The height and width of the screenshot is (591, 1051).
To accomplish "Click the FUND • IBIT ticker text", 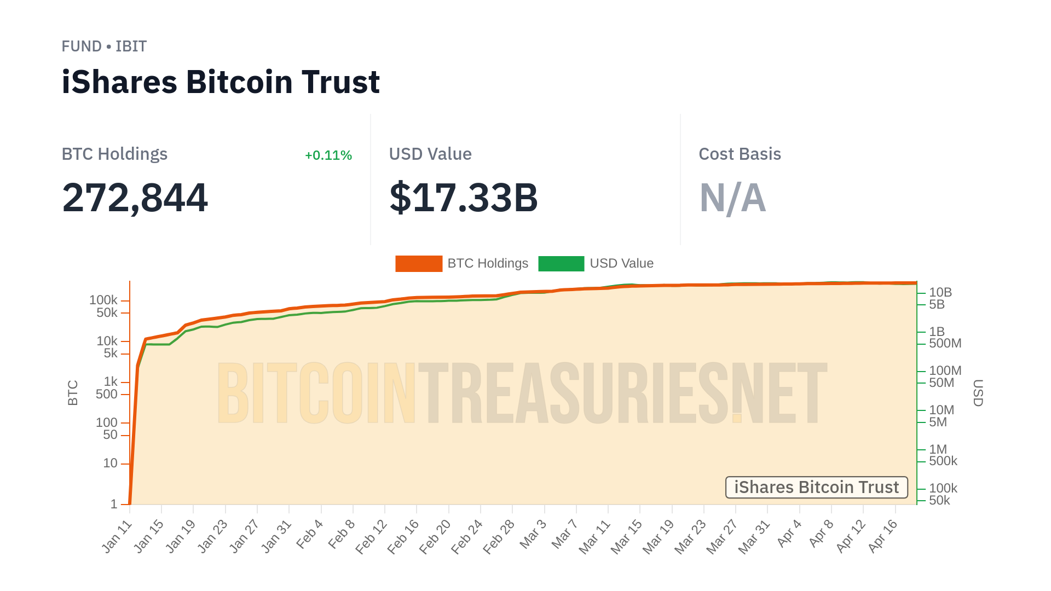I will click(104, 47).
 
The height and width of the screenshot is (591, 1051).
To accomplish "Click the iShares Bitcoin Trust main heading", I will click(221, 82).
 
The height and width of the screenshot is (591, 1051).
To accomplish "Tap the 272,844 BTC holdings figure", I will click(135, 198).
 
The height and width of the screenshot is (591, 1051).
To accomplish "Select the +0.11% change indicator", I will click(328, 155).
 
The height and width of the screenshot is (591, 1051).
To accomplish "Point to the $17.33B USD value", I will click(464, 198).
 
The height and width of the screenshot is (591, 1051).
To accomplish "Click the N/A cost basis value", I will click(732, 198).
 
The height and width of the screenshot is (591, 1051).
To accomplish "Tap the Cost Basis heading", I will click(740, 154).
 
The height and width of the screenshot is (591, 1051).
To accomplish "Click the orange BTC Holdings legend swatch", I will click(419, 264).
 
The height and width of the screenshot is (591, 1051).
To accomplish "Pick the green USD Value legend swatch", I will click(561, 264).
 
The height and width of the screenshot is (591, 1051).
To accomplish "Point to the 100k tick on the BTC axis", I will click(103, 300).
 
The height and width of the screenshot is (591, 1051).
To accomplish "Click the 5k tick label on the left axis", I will click(111, 354).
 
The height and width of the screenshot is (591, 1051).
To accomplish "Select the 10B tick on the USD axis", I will click(940, 293).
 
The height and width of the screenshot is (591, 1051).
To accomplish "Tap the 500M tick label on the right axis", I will click(945, 344).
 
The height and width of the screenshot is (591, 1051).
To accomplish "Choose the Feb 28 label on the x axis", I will click(499, 536).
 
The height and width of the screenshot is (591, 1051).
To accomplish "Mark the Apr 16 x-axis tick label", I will click(883, 535).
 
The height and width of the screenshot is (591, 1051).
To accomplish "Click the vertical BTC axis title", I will click(73, 393).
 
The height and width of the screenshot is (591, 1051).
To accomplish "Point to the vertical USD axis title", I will click(978, 393).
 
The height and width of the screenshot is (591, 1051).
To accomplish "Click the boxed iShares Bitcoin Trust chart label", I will click(816, 487).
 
